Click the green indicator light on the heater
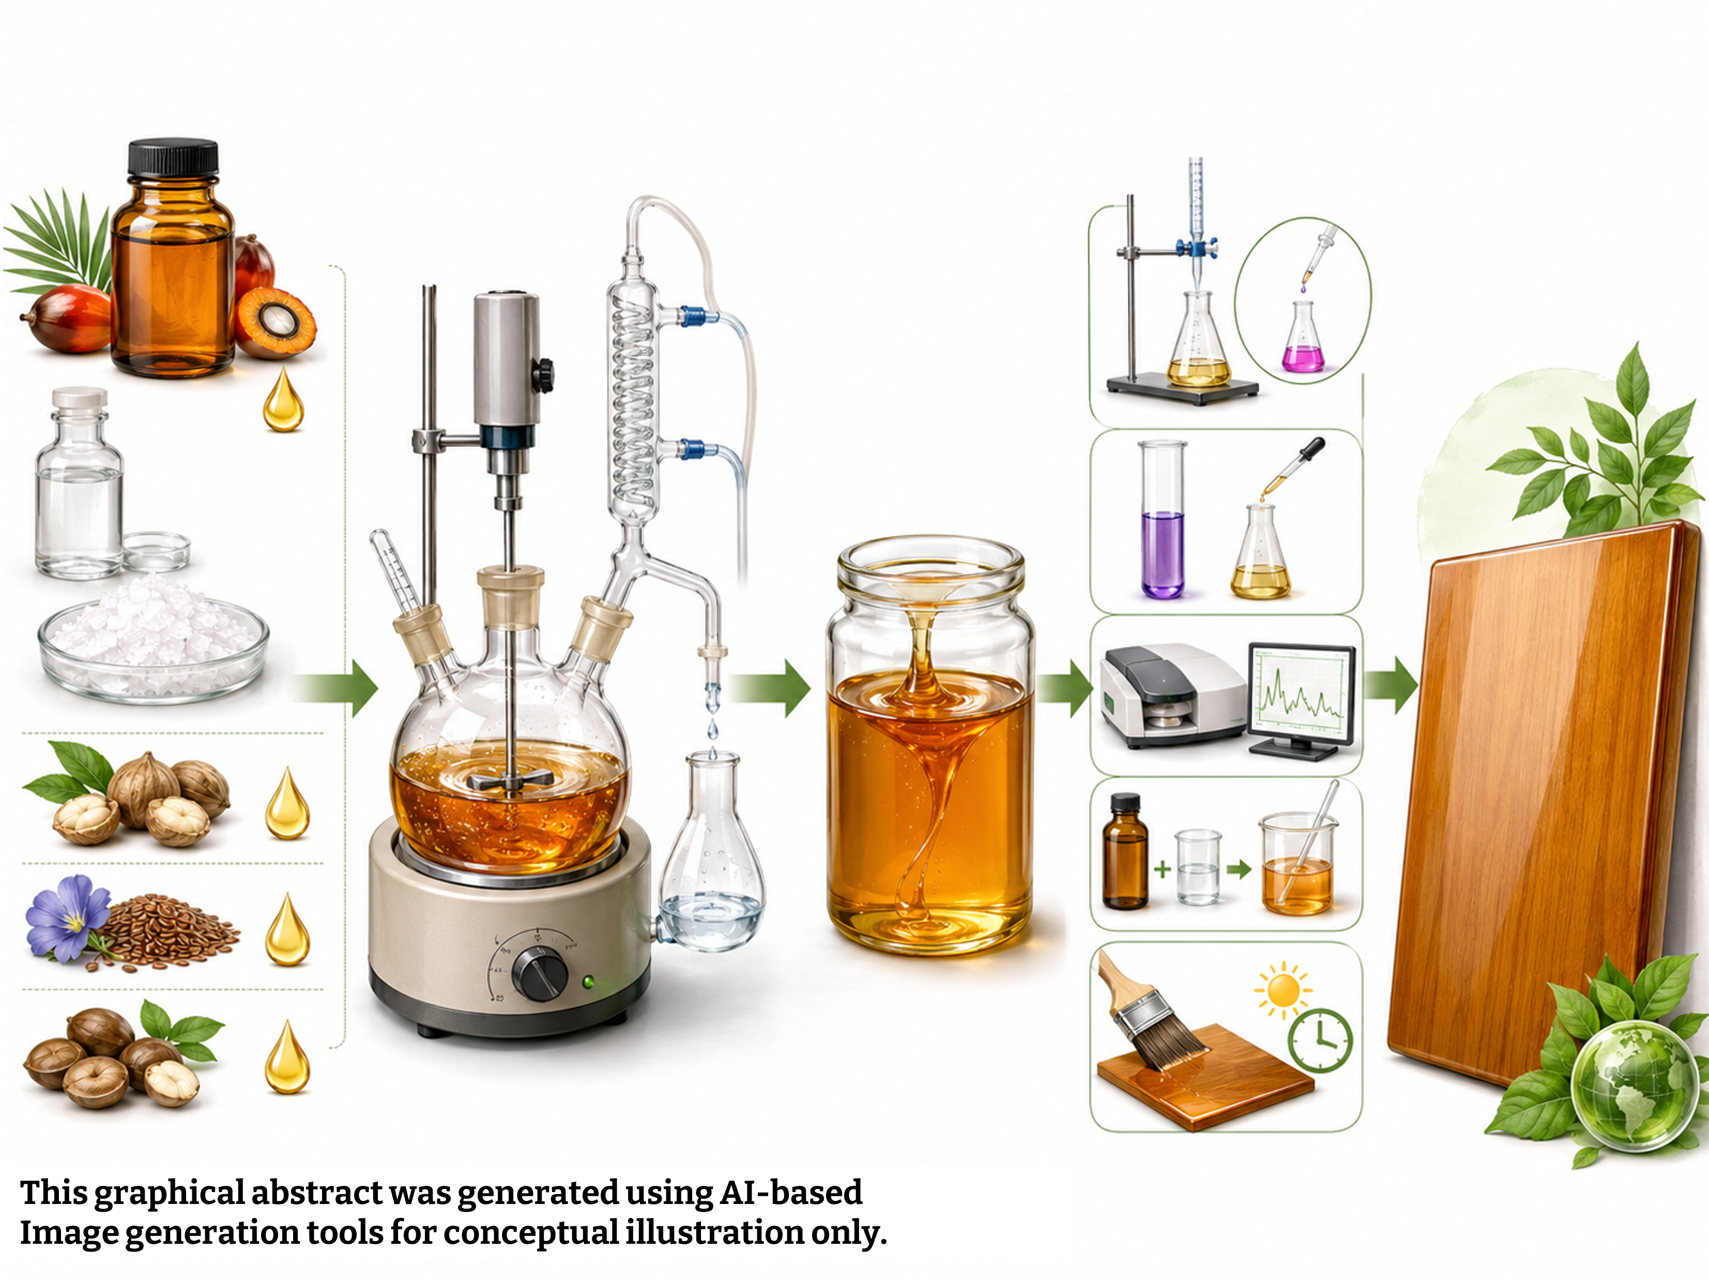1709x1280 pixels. (x=588, y=982)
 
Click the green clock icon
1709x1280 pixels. (x=1320, y=1041)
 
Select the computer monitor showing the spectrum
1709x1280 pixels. (x=1301, y=700)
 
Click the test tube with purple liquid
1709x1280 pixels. (x=1163, y=519)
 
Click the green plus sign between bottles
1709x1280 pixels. (x=1163, y=869)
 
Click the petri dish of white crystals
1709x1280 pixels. (x=154, y=641)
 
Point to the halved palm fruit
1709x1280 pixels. (x=274, y=322)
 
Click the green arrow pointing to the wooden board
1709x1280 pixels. (x=1391, y=685)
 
